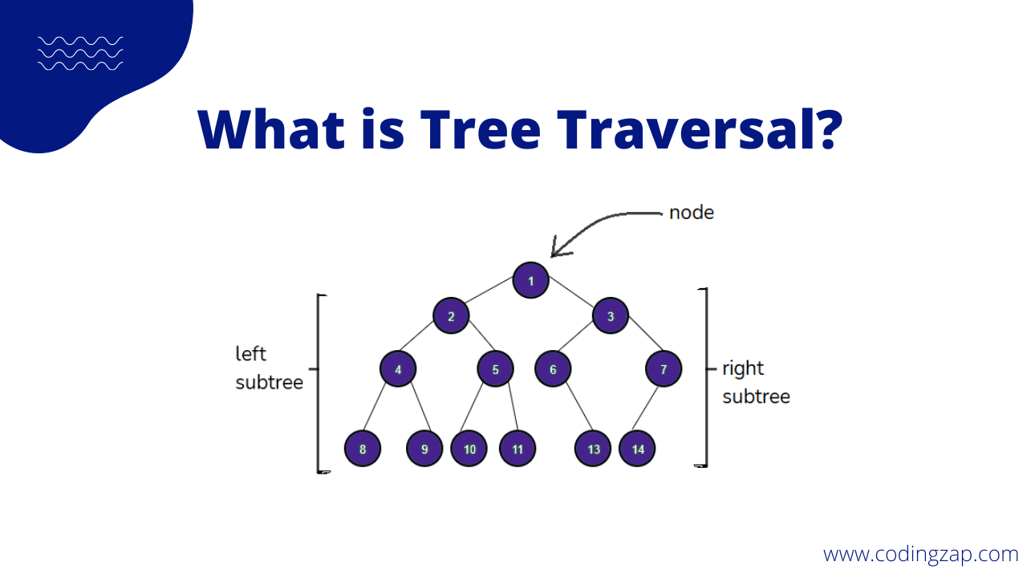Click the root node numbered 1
pyautogui.click(x=530, y=280)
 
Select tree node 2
pyautogui.click(x=452, y=315)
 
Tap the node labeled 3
pyautogui.click(x=611, y=315)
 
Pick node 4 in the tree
pyautogui.click(x=398, y=369)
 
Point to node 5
pyautogui.click(x=495, y=369)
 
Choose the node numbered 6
pyautogui.click(x=553, y=369)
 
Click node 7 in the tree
pyautogui.click(x=664, y=369)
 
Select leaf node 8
pyautogui.click(x=363, y=449)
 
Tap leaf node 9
pyautogui.click(x=424, y=449)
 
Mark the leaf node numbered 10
pyautogui.click(x=469, y=449)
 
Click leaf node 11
pyautogui.click(x=518, y=449)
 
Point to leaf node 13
pyautogui.click(x=593, y=449)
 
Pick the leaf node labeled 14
pyautogui.click(x=638, y=449)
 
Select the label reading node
pyautogui.click(x=691, y=213)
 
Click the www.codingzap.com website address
pyautogui.click(x=920, y=554)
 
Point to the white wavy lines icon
pyautogui.click(x=80, y=53)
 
